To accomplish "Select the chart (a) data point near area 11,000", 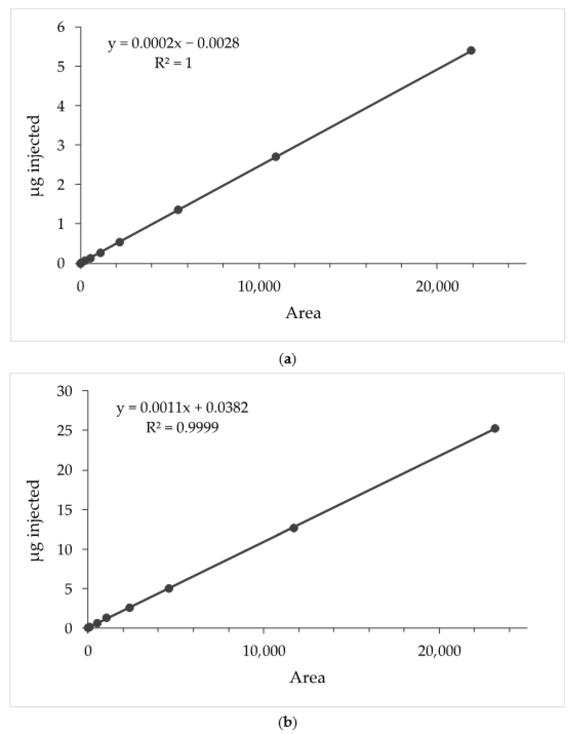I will pyautogui.click(x=276, y=157).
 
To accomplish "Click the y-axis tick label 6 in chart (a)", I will pyautogui.click(x=61, y=27).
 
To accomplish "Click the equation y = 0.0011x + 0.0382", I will pyautogui.click(x=182, y=408).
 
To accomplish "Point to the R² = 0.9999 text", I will pyautogui.click(x=182, y=427).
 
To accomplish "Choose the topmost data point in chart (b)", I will pyautogui.click(x=495, y=428).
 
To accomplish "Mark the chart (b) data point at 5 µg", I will pyautogui.click(x=169, y=588).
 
